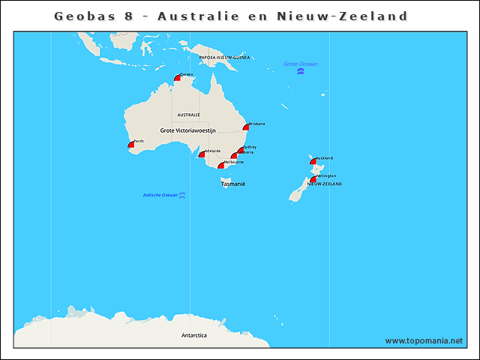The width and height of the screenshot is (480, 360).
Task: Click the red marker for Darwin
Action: [178, 77]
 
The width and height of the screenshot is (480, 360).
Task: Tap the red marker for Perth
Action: [131, 143]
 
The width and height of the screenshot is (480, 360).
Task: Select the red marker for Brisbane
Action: [245, 127]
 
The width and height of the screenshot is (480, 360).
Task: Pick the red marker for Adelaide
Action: [202, 154]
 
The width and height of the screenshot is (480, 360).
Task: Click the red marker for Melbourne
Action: [221, 165]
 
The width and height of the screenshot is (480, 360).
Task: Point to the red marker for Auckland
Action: [313, 161]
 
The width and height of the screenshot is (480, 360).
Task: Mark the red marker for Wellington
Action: [313, 179]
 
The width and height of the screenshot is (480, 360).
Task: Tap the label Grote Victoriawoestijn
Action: [187, 130]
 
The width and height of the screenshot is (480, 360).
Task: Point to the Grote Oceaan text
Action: [301, 64]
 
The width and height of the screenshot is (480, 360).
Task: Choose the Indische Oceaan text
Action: [160, 195]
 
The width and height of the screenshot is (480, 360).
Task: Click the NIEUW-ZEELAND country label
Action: [324, 184]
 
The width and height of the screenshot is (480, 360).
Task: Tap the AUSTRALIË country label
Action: [188, 115]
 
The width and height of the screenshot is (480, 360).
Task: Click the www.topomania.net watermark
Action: [424, 340]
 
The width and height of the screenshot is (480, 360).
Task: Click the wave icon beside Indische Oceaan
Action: [182, 195]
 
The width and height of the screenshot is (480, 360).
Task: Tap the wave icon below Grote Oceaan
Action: [301, 72]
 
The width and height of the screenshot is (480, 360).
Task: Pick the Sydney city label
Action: [250, 147]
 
